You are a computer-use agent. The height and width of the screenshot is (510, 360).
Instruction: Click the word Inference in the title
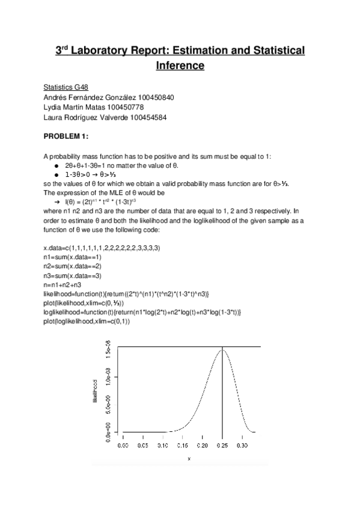pyautogui.click(x=180, y=66)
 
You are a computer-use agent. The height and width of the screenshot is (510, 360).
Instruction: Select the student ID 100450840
pyautogui.click(x=156, y=97)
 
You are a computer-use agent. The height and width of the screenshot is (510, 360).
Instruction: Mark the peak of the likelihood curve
pyautogui.click(x=222, y=349)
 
